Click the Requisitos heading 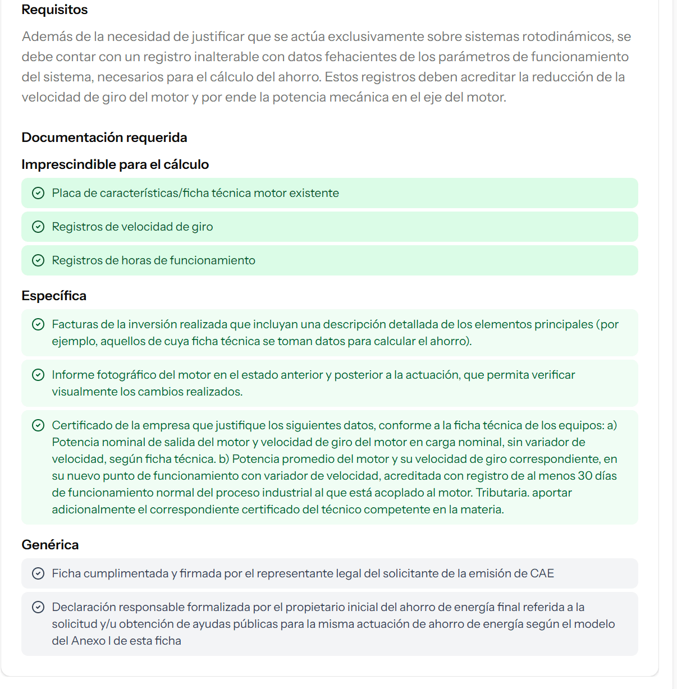click(54, 10)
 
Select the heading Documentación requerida click(104, 137)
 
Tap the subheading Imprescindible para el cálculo click(115, 164)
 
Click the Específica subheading click(54, 296)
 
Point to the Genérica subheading click(50, 545)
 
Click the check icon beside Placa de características click(38, 193)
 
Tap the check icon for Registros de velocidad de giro click(38, 227)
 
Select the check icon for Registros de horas click(38, 260)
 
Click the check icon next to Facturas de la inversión click(38, 324)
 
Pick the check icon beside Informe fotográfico click(38, 375)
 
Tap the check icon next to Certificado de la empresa click(38, 425)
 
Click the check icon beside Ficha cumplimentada click(38, 573)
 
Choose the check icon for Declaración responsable click(38, 607)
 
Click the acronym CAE click(542, 573)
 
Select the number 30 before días click(585, 476)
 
